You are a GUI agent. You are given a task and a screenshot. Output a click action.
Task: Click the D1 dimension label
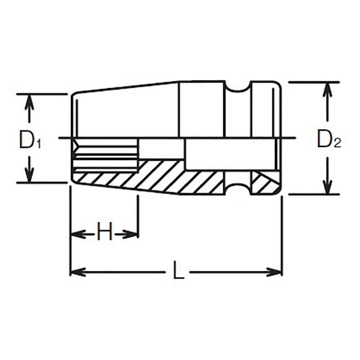click(30, 140)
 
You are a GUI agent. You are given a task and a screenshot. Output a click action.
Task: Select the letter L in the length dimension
click(179, 271)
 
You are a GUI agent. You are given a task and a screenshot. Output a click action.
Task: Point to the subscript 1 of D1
click(39, 144)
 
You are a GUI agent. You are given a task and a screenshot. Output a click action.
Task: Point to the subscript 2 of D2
click(338, 144)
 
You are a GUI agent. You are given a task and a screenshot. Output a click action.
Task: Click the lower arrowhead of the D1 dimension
click(29, 177)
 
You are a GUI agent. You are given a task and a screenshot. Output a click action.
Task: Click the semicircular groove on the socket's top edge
click(238, 87)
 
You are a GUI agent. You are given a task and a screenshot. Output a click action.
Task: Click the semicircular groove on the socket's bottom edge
click(238, 189)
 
